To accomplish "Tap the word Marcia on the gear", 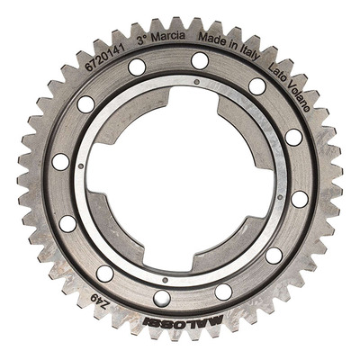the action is (x=168, y=37).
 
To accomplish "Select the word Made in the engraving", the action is (x=211, y=40).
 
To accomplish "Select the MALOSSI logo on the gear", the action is (x=183, y=322).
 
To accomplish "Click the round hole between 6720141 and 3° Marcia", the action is (x=137, y=67).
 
